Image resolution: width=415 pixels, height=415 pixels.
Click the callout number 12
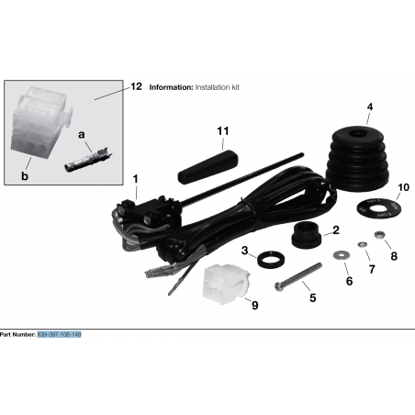136,87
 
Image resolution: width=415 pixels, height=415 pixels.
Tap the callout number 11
221,131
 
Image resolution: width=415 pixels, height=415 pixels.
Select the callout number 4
370,107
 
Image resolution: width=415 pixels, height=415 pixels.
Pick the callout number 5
312,298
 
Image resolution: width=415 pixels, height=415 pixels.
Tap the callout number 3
244,250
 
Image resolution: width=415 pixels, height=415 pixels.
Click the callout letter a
83,134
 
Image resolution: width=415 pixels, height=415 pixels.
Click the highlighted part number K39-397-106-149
59,336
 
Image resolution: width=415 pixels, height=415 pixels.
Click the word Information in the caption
170,88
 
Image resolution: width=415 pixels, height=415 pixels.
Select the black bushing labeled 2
306,237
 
